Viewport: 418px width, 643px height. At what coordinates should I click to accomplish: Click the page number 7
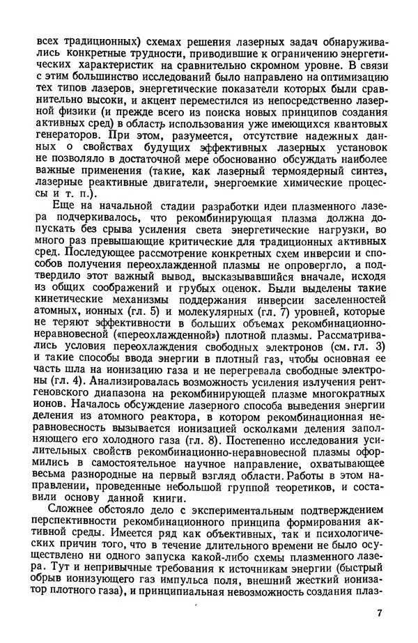tap(379, 612)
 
